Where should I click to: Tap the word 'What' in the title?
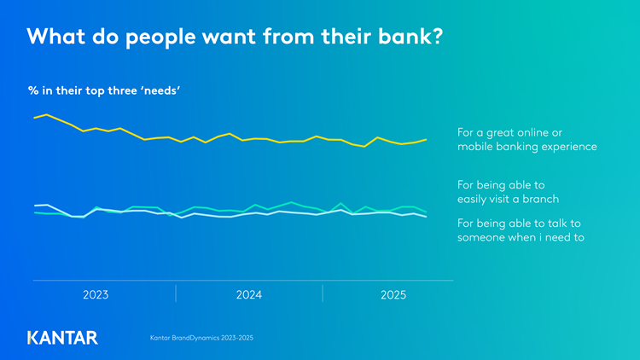[58, 38]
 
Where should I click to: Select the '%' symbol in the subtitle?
[33, 89]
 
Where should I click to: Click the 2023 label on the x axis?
[96, 295]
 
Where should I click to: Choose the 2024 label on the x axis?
[248, 295]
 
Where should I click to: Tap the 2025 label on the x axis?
[393, 295]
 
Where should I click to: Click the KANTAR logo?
[62, 337]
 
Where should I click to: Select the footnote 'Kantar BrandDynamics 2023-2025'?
[201, 339]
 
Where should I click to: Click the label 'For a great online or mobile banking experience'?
[527, 140]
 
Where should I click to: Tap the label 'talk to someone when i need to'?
[521, 230]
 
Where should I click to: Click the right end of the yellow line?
[426, 139]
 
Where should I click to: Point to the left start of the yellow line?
[34, 118]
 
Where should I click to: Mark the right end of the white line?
[426, 217]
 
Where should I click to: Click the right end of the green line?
[426, 212]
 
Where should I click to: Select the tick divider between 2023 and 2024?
[176, 294]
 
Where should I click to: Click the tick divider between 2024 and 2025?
[323, 294]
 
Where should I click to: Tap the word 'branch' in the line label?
[539, 199]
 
